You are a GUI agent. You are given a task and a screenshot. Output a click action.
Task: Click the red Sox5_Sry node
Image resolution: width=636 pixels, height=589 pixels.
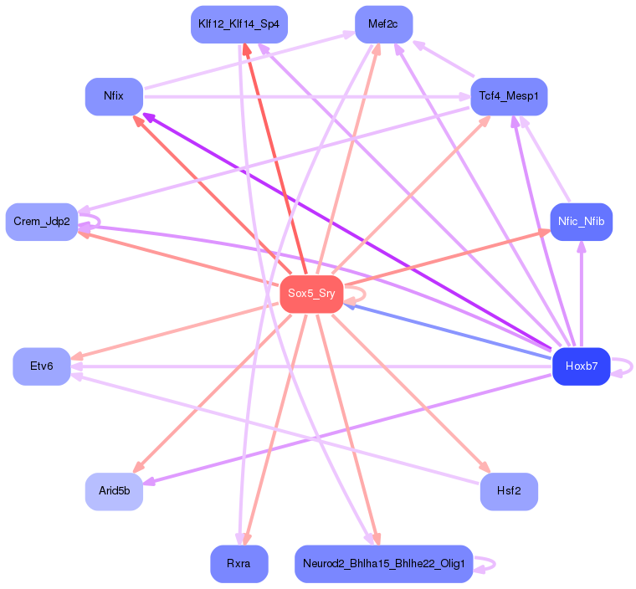pos(311,294)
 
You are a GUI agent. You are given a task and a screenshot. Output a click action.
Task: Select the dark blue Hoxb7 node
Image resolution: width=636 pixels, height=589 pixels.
pos(582,366)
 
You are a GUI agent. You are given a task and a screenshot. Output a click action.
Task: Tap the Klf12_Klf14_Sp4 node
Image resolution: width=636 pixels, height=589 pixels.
pos(239,24)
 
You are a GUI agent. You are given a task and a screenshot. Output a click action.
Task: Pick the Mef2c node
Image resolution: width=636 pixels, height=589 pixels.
pos(384,24)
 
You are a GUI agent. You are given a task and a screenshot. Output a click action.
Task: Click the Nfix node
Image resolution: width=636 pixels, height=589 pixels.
pos(114,96)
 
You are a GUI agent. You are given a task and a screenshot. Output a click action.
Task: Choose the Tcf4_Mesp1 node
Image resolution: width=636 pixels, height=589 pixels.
pos(509,96)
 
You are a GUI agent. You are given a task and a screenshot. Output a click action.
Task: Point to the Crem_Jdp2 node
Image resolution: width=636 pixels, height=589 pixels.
pos(42,222)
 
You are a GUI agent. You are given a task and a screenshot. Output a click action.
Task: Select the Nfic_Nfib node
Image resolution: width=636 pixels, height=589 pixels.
pos(582,222)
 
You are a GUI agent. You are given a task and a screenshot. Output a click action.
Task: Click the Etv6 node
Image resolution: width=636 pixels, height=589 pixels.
pos(42,366)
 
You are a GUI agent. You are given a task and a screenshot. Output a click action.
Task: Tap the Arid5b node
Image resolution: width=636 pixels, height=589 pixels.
pos(114,492)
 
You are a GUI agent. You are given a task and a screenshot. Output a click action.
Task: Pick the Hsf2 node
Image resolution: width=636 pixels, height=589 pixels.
pos(509,492)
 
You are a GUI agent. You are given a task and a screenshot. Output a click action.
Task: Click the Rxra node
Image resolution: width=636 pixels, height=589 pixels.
pos(239,564)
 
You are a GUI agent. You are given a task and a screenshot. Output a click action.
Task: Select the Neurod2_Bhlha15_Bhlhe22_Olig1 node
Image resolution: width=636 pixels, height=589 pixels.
pos(384,564)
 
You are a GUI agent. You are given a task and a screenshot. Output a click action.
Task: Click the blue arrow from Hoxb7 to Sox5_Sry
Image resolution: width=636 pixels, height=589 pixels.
pos(448,331)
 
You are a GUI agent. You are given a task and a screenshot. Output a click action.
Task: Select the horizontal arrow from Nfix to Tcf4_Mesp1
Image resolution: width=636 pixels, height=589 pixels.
pos(306,97)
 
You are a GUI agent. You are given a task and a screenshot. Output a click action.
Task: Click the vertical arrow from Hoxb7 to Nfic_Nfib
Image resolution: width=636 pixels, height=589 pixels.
pos(582,294)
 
